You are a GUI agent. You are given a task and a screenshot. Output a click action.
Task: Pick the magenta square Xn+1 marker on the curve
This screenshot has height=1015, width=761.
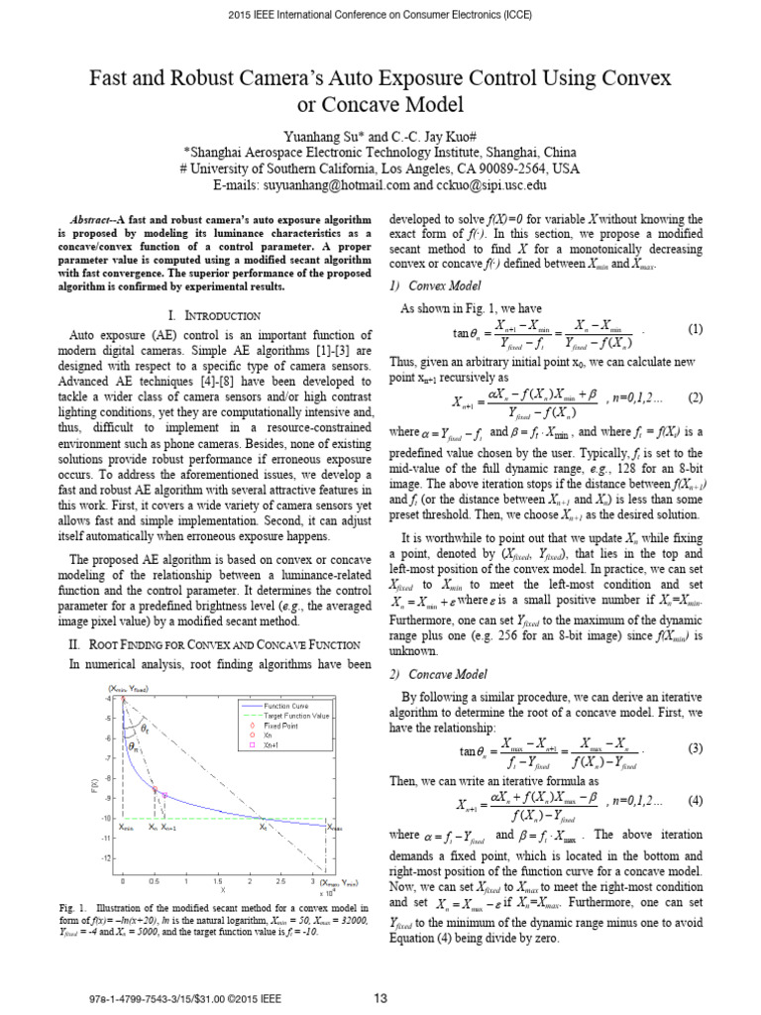tap(164, 795)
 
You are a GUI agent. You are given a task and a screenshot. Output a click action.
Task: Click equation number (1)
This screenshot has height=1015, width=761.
tap(696, 330)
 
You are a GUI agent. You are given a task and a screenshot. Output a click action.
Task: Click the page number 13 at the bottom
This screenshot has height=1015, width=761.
tap(380, 998)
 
